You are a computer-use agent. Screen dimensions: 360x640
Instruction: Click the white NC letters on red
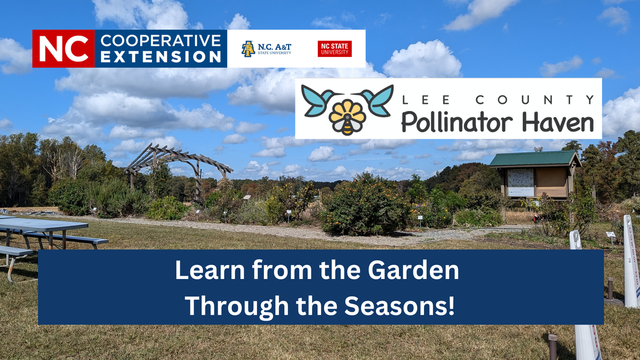tap(63, 49)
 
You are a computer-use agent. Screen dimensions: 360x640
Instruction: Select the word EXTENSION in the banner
tap(161, 57)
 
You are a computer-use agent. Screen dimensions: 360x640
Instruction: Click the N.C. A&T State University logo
tap(266, 49)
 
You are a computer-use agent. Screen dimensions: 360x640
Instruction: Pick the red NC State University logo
tap(334, 49)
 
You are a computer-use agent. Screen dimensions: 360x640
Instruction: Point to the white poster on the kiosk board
tap(521, 182)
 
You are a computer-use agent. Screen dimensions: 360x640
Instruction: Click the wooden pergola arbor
tap(176, 160)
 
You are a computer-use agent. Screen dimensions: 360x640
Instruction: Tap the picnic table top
tap(43, 225)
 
